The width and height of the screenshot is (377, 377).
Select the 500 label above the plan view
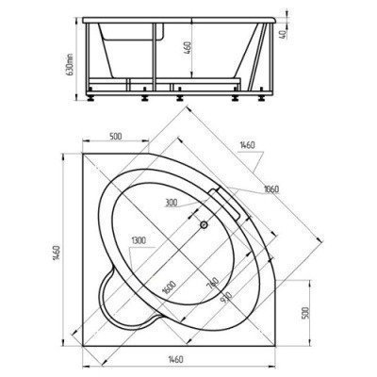pyautogui.click(x=117, y=138)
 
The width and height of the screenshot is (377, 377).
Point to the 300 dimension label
pyautogui.click(x=172, y=203)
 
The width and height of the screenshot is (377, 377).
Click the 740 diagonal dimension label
pyautogui.click(x=214, y=283)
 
